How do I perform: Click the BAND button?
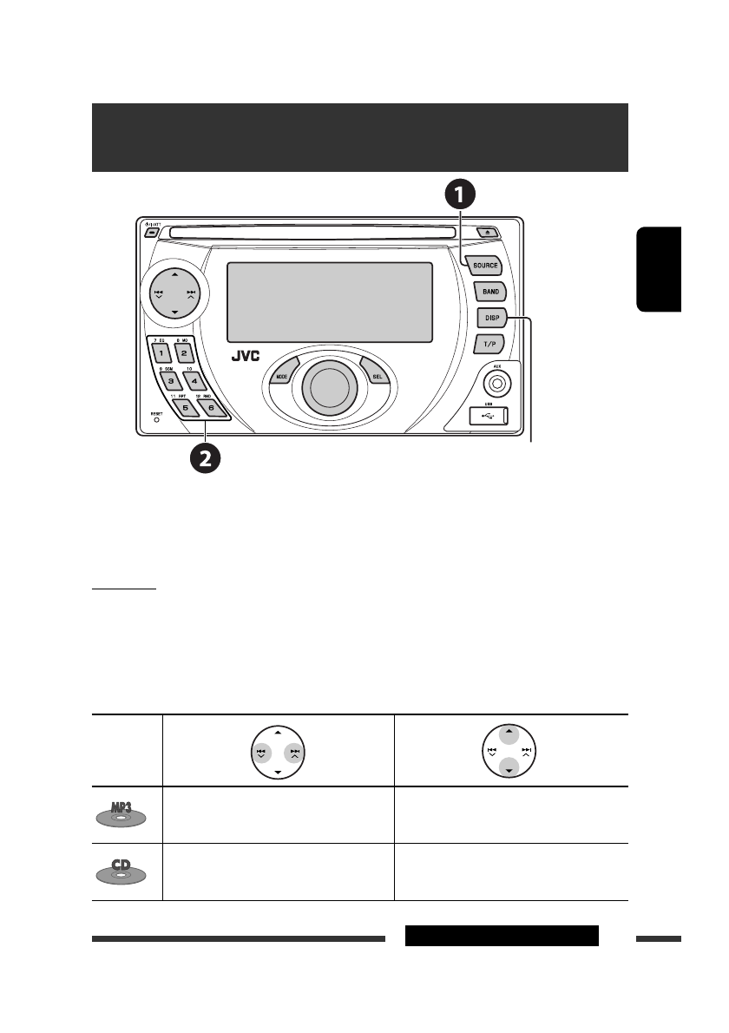click(x=490, y=293)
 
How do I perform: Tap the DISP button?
click(x=490, y=319)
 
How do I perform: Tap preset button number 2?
click(x=184, y=353)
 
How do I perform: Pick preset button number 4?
click(x=194, y=380)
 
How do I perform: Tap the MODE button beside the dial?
click(x=282, y=377)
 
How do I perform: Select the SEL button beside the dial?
click(x=377, y=376)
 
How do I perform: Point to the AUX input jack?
click(x=498, y=382)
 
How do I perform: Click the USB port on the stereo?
click(x=492, y=416)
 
